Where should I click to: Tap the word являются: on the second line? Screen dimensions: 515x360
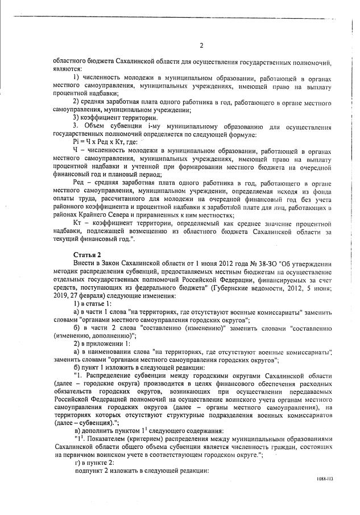pyautogui.click(x=67, y=68)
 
